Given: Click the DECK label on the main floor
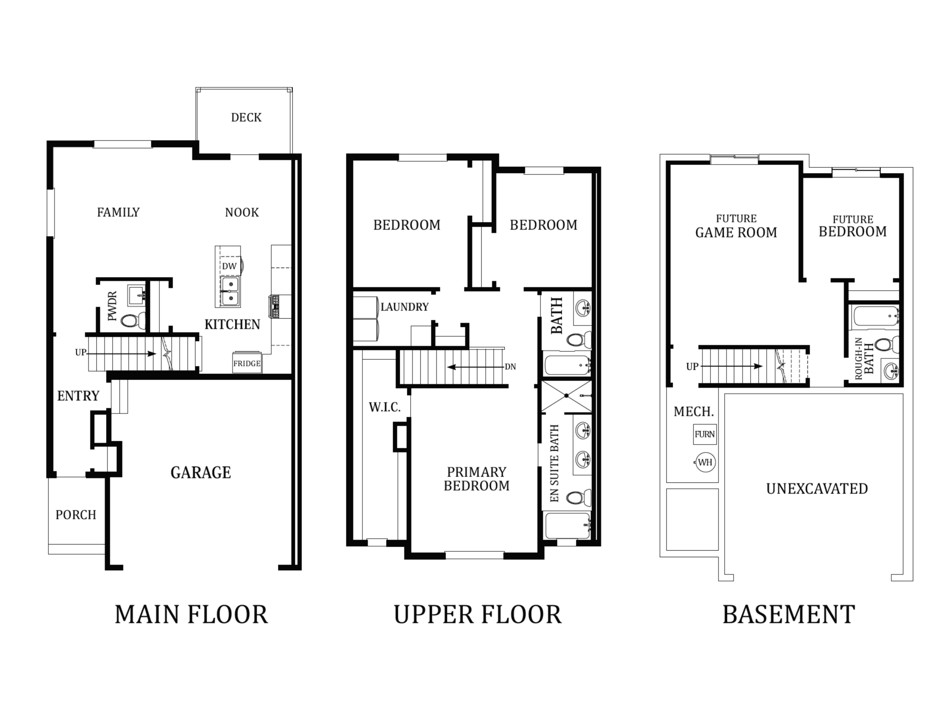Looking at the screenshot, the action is click(246, 118).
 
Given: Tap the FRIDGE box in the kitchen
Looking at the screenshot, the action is click(247, 363).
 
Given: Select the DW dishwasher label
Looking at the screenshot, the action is click(229, 266).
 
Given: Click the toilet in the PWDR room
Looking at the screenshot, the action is click(132, 321).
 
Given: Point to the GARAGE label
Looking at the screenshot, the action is click(200, 473).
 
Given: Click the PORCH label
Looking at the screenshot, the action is click(76, 515).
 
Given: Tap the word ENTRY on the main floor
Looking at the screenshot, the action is click(78, 396).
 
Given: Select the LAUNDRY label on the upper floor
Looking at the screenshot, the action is click(405, 307).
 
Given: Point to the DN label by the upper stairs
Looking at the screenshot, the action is click(511, 367).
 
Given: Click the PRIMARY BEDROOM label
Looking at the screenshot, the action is click(476, 479).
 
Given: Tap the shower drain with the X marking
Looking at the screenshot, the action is click(567, 396).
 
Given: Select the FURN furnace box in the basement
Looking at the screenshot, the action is click(705, 435).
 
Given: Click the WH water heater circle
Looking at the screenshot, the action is click(705, 463).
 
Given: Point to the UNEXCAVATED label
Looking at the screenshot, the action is click(817, 489).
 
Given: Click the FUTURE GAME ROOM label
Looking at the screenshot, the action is click(736, 226).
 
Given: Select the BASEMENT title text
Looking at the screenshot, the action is click(788, 615).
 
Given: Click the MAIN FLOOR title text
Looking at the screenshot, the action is click(191, 615).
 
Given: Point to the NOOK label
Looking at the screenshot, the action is click(242, 213).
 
